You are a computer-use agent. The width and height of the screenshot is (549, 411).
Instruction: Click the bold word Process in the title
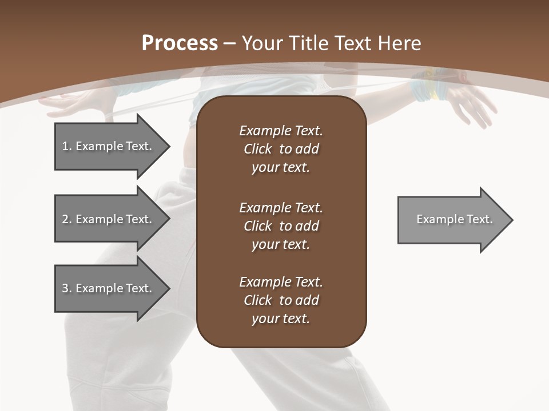click(180, 43)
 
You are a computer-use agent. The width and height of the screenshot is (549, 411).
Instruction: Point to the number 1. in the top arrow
click(67, 146)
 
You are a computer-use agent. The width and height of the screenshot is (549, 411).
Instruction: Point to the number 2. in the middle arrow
click(67, 219)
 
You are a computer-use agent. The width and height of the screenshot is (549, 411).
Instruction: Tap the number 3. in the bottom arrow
click(67, 288)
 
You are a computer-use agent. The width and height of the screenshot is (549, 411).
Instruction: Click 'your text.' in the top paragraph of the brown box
click(281, 167)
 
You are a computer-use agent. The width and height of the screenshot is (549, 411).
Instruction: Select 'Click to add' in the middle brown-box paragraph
click(281, 226)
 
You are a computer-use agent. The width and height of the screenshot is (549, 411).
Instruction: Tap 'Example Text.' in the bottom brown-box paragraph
click(281, 282)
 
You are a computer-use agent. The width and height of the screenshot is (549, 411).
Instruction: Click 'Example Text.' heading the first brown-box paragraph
click(281, 131)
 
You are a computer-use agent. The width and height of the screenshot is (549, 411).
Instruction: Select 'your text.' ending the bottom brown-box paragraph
click(281, 319)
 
